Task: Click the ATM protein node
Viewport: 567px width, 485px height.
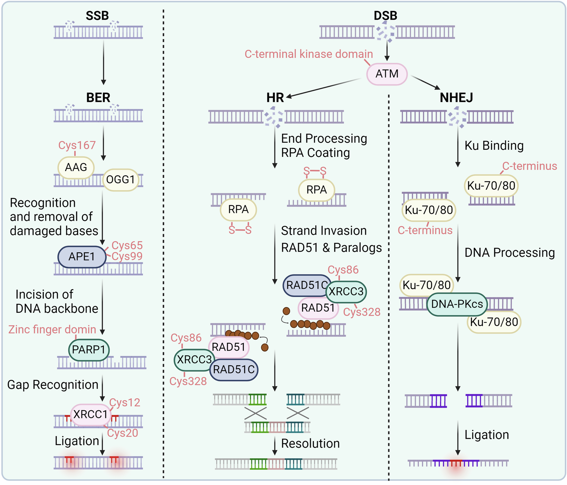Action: pyautogui.click(x=387, y=74)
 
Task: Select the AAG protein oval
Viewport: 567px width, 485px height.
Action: pyautogui.click(x=76, y=168)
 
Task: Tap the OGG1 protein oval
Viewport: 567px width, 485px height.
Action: pyautogui.click(x=121, y=180)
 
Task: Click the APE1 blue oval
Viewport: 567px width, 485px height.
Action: pyautogui.click(x=82, y=257)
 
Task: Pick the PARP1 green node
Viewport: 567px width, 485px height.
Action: pyautogui.click(x=88, y=350)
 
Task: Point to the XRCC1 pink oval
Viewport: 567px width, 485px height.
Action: pyautogui.click(x=90, y=414)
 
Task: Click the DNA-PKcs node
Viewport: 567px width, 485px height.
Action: pyautogui.click(x=457, y=304)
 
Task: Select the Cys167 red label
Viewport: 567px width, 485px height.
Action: pyautogui.click(x=77, y=145)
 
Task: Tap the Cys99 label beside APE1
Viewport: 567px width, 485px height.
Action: pyautogui.click(x=127, y=257)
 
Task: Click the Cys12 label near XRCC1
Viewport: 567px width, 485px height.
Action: pyautogui.click(x=125, y=403)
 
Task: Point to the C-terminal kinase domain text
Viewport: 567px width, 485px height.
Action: pyautogui.click(x=308, y=54)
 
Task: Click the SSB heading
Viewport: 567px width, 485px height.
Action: pyautogui.click(x=97, y=16)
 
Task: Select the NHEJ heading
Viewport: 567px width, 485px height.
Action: pyautogui.click(x=456, y=97)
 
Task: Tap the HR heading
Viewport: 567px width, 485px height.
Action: pyautogui.click(x=275, y=97)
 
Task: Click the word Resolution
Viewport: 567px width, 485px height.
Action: pyautogui.click(x=310, y=444)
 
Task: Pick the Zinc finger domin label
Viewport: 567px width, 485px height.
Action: pyautogui.click(x=52, y=330)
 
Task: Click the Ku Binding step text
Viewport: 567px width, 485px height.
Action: pyautogui.click(x=494, y=146)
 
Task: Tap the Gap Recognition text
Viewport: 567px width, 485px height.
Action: pyautogui.click(x=52, y=385)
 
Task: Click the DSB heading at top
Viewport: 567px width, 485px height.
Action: pyautogui.click(x=385, y=16)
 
